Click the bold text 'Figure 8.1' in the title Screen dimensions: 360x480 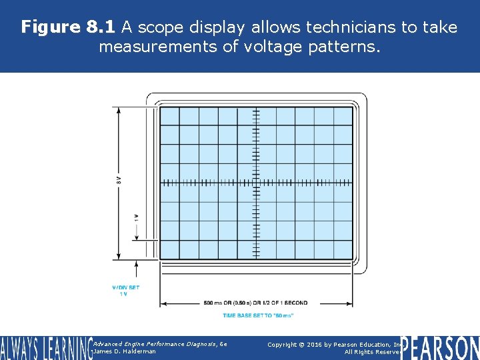(69, 27)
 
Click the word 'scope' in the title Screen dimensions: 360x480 (161, 27)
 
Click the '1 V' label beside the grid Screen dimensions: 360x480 (137, 218)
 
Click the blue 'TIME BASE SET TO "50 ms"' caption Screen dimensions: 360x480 (257, 315)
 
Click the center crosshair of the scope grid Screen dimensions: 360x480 (257, 182)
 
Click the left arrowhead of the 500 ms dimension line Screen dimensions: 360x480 (163, 303)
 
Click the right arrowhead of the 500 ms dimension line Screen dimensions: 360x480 (350, 303)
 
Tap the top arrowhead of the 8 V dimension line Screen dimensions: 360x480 (119, 109)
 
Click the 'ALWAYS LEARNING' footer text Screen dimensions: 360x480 (45, 347)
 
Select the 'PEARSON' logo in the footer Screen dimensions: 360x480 (440, 347)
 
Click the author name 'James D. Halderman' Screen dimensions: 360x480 (125, 351)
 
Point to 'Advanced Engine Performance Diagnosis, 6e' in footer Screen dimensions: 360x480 (160, 343)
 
